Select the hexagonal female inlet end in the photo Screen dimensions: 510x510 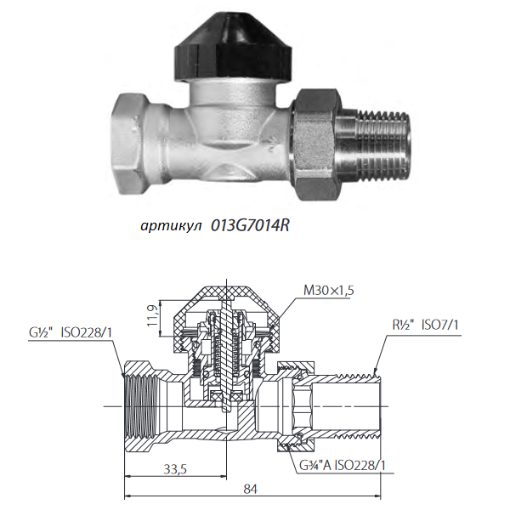[129, 144]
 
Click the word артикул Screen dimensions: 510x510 [171, 226]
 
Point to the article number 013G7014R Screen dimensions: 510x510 [250, 225]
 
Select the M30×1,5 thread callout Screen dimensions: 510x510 [328, 290]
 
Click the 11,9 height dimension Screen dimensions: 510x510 [152, 315]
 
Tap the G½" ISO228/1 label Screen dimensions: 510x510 [70, 333]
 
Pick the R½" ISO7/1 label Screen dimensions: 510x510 [426, 325]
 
